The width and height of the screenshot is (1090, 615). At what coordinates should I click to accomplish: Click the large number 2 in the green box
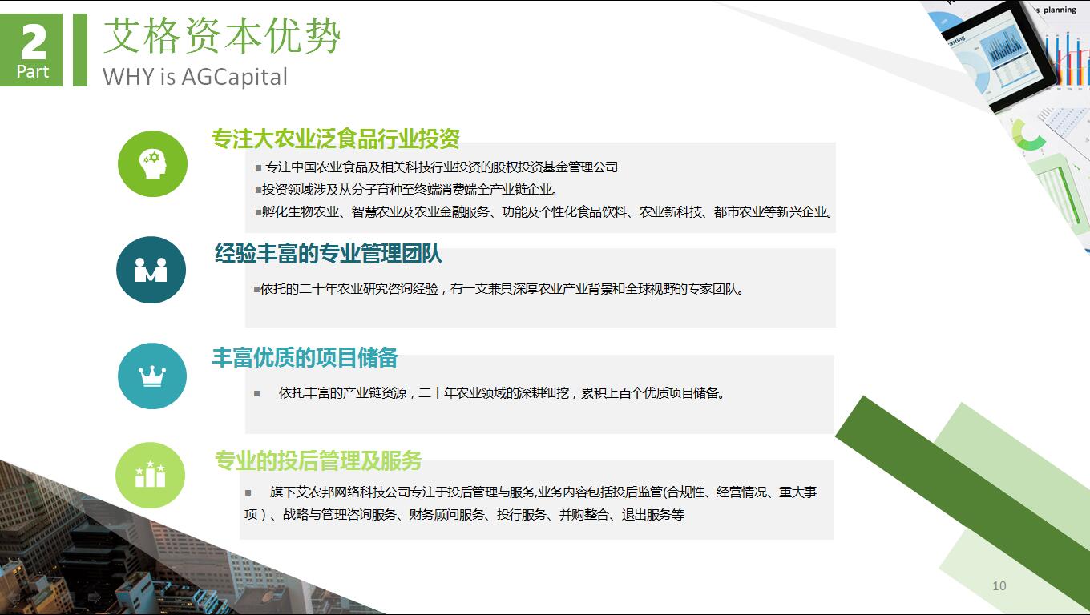click(x=34, y=42)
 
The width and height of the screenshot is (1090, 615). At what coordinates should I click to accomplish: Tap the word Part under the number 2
click(x=33, y=72)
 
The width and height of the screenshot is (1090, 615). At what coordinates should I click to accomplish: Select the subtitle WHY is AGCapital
click(x=195, y=77)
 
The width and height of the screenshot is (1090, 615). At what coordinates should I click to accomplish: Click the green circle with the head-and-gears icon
click(x=152, y=164)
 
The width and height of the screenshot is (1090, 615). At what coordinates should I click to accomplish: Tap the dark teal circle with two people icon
click(x=151, y=270)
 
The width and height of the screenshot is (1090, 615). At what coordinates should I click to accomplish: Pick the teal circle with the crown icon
click(x=152, y=376)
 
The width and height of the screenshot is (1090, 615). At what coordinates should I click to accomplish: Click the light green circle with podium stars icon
click(x=151, y=475)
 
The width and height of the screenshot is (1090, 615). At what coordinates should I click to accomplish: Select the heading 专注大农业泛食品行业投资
click(x=336, y=139)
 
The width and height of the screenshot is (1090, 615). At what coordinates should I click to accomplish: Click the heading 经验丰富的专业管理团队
click(x=329, y=253)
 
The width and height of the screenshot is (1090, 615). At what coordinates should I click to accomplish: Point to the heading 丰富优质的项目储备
click(x=305, y=357)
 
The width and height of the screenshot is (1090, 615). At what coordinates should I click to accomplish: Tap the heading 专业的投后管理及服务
click(x=318, y=460)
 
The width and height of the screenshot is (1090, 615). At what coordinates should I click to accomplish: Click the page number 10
click(x=999, y=586)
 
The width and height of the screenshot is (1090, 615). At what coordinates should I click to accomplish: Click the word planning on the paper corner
click(x=1060, y=10)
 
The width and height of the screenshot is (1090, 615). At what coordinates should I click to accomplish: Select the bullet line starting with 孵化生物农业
click(x=544, y=212)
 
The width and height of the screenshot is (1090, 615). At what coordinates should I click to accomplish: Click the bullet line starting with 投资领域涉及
click(x=406, y=190)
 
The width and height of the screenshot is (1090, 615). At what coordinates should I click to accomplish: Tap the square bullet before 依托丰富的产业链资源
click(x=257, y=393)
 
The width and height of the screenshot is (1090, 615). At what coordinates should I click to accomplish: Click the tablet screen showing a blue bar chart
click(x=1003, y=55)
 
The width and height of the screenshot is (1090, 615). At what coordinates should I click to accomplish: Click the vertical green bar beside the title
click(x=80, y=50)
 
